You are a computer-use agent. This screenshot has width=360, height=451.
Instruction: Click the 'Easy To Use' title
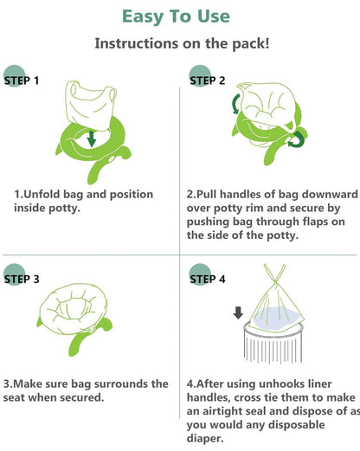tap(176, 16)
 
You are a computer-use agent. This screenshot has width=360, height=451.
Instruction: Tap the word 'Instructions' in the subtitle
tap(137, 43)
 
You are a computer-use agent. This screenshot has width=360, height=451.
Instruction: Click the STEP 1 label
tap(22, 81)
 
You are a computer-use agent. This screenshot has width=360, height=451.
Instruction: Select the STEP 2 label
tap(208, 81)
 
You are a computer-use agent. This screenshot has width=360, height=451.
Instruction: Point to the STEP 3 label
tap(22, 279)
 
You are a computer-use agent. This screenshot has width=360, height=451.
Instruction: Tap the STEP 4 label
tap(208, 279)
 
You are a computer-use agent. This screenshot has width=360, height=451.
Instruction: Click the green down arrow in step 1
tap(92, 139)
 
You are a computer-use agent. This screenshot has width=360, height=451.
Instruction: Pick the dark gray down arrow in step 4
tap(238, 312)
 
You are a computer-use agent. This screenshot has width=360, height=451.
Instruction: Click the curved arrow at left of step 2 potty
tap(235, 104)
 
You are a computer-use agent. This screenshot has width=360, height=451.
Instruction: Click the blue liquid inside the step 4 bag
tap(274, 319)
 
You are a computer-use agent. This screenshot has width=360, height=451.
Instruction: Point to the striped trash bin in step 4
tap(273, 344)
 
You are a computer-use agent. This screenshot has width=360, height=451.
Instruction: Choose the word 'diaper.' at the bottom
tap(205, 438)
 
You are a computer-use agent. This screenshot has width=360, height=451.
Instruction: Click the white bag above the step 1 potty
tap(90, 106)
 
